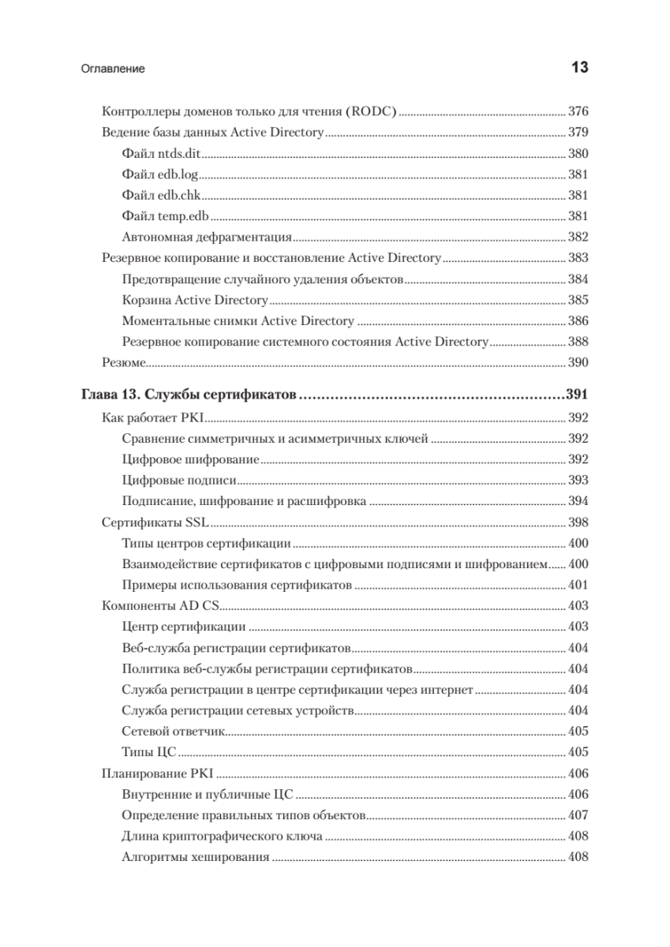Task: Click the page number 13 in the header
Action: tap(578, 68)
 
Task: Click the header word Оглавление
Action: tap(113, 69)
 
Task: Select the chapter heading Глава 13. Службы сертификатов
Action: tap(189, 395)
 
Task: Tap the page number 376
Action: tap(578, 111)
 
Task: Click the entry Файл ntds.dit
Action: tap(163, 154)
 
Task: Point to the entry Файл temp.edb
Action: tap(167, 215)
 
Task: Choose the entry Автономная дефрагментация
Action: tap(208, 236)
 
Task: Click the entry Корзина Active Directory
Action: tap(196, 300)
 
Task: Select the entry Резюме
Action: tap(123, 362)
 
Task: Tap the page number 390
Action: tap(578, 362)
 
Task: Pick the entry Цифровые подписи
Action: tap(180, 480)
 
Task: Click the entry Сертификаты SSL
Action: tap(155, 522)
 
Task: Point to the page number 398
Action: tap(578, 522)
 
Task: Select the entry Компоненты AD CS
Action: tap(161, 606)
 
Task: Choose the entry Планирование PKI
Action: tap(159, 773)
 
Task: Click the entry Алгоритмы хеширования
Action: tap(197, 857)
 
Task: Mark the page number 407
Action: tap(578, 814)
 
